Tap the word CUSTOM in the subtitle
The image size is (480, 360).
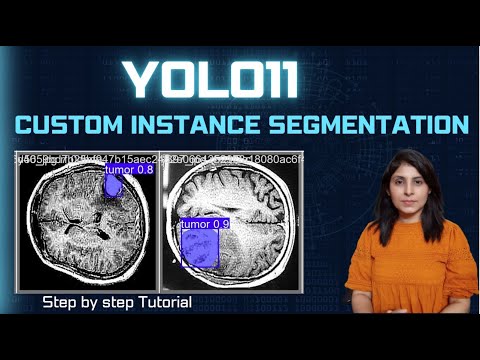coord(74,127)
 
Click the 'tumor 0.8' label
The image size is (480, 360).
coord(130,170)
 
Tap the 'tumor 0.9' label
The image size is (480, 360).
coord(205,225)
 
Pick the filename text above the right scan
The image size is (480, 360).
coord(236,158)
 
